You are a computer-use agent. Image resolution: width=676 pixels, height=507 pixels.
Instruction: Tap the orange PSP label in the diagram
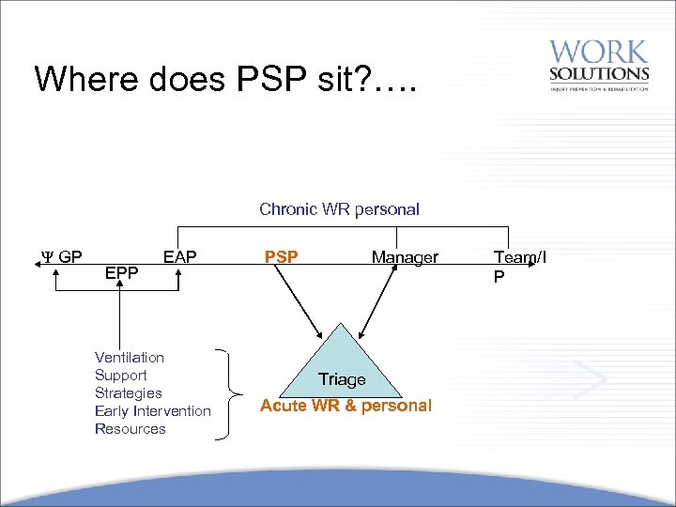pyautogui.click(x=282, y=256)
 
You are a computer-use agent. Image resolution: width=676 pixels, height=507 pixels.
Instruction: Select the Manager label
pyautogui.click(x=405, y=256)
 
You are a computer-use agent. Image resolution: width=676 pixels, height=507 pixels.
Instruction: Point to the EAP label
pyautogui.click(x=179, y=256)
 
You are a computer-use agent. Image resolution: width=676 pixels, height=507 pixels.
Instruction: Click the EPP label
pyautogui.click(x=122, y=274)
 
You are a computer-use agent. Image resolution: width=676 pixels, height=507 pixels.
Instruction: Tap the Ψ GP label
pyautogui.click(x=62, y=256)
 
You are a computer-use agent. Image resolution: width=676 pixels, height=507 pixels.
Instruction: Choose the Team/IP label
pyautogui.click(x=519, y=266)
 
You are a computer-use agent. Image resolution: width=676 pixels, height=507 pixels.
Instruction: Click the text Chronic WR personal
pyautogui.click(x=339, y=209)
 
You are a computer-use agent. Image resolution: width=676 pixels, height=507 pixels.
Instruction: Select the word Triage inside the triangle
pyautogui.click(x=342, y=379)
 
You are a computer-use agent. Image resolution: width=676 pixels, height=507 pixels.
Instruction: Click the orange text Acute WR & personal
pyautogui.click(x=346, y=406)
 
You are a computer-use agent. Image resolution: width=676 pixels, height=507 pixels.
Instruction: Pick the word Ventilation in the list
pyautogui.click(x=130, y=358)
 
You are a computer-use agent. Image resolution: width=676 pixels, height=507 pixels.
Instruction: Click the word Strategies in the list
pyautogui.click(x=129, y=393)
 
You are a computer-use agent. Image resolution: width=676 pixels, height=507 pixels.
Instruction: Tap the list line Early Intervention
pyautogui.click(x=153, y=411)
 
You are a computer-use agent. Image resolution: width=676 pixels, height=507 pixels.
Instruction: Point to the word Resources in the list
pyautogui.click(x=131, y=429)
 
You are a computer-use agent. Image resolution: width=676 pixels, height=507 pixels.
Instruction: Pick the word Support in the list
pyautogui.click(x=121, y=376)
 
